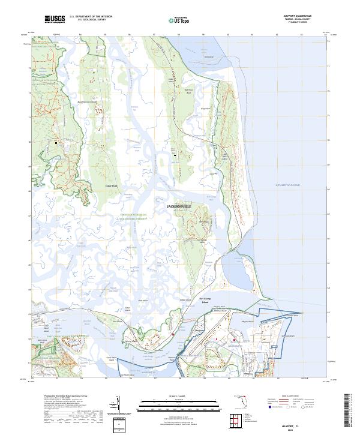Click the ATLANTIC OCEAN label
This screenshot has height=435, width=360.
pos(283,187)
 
